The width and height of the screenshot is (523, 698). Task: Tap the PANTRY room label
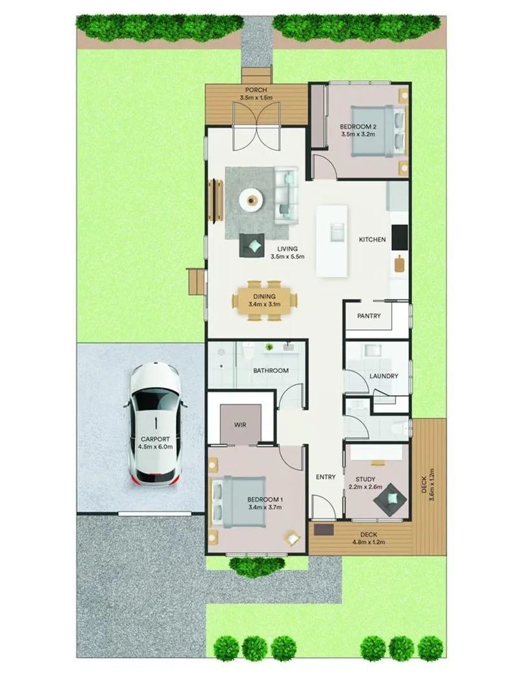click(369, 316)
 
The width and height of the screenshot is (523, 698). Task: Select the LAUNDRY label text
click(384, 376)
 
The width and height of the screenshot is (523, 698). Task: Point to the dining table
click(265, 301)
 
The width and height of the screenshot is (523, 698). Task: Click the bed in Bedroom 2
click(378, 131)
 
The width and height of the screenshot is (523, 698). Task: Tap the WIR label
click(240, 425)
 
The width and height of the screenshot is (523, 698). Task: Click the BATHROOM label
click(271, 370)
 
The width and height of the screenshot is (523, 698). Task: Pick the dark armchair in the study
click(391, 499)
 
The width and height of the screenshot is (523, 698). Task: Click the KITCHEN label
click(373, 240)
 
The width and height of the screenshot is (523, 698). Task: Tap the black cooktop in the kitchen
click(400, 238)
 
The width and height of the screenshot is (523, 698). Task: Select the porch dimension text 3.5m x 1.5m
click(256, 98)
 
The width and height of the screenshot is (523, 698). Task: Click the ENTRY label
click(325, 477)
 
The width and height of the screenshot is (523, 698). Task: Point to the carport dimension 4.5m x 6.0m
click(155, 447)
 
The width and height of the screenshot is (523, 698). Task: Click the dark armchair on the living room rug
click(252, 246)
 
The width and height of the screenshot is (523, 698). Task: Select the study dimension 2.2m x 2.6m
click(365, 487)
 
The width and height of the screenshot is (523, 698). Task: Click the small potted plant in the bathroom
click(269, 347)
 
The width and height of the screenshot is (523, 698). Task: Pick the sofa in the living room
click(286, 195)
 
